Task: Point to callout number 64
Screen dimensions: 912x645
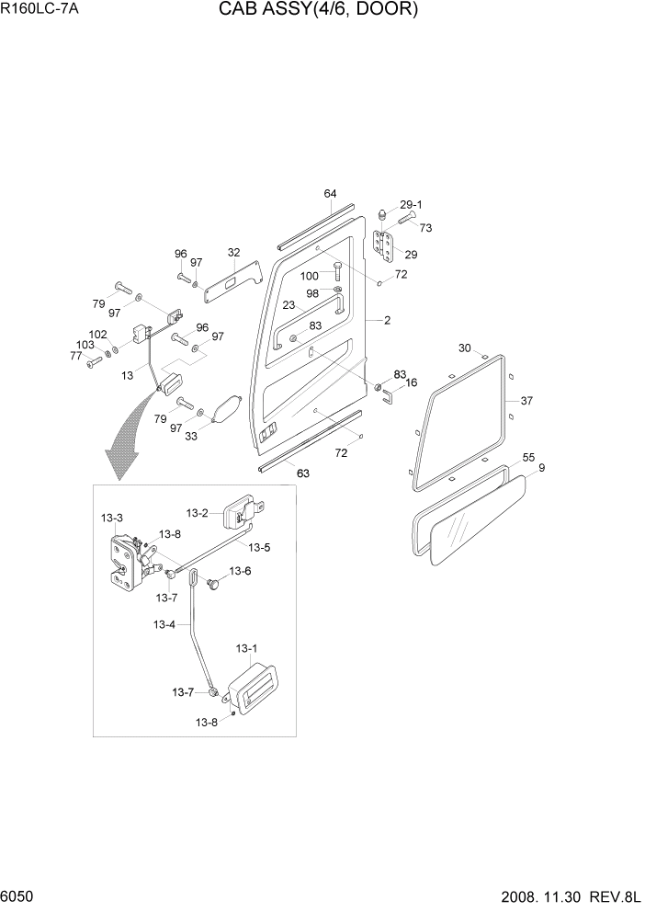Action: (x=330, y=194)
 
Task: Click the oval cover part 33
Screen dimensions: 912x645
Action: (x=226, y=409)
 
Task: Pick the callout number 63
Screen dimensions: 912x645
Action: (x=302, y=474)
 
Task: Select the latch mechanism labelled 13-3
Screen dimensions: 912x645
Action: (x=123, y=561)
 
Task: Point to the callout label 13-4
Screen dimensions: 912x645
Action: (x=164, y=624)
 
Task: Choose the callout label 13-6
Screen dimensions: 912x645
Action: (x=239, y=571)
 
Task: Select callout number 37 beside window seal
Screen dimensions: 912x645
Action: (x=526, y=401)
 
